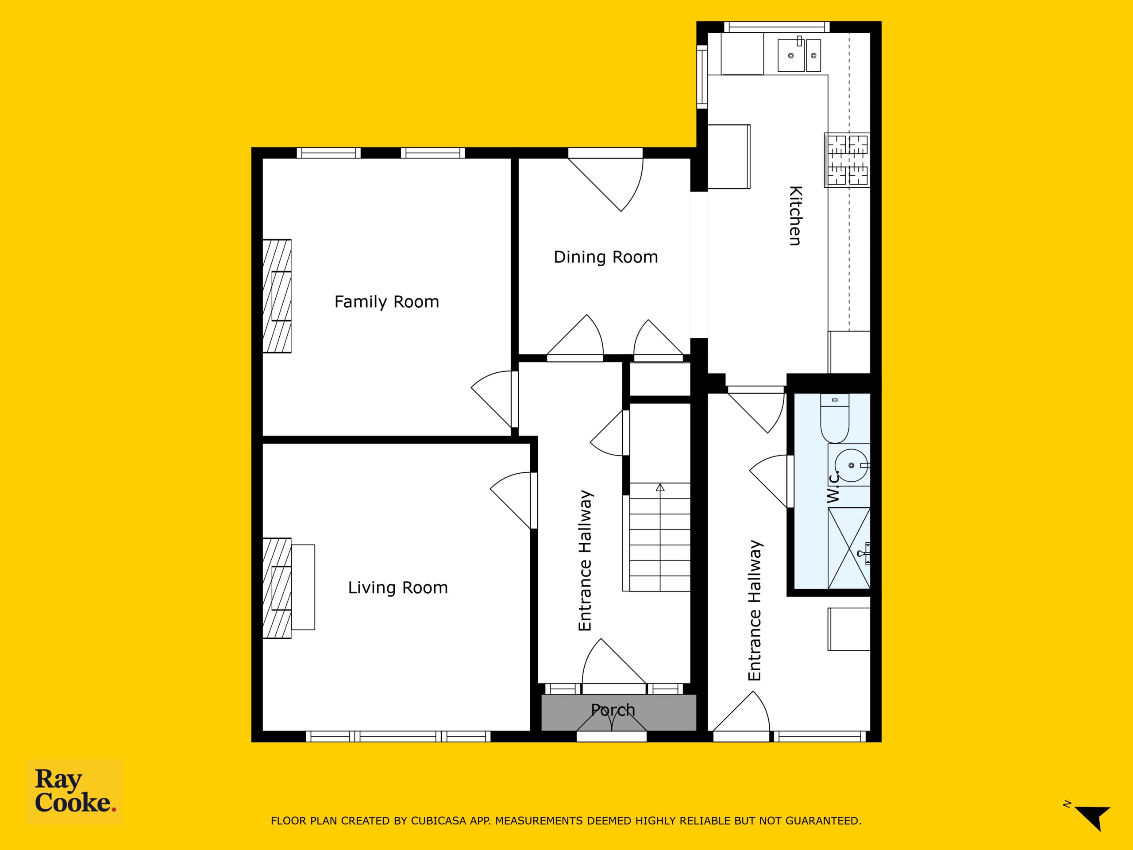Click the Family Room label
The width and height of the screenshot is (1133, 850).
[x=387, y=302]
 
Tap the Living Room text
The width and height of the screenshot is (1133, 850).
[x=398, y=587]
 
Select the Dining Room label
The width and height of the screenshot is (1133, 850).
[x=606, y=257]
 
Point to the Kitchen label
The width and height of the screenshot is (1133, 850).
[x=795, y=216]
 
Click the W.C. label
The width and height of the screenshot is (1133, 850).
[x=833, y=486]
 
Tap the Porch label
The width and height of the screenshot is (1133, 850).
[x=613, y=710]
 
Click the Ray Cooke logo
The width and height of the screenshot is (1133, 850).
[x=74, y=792]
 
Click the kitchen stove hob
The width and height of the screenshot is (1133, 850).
[x=847, y=159]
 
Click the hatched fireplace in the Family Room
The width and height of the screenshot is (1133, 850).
[x=277, y=296]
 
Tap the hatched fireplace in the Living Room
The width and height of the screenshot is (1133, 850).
[x=277, y=588]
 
